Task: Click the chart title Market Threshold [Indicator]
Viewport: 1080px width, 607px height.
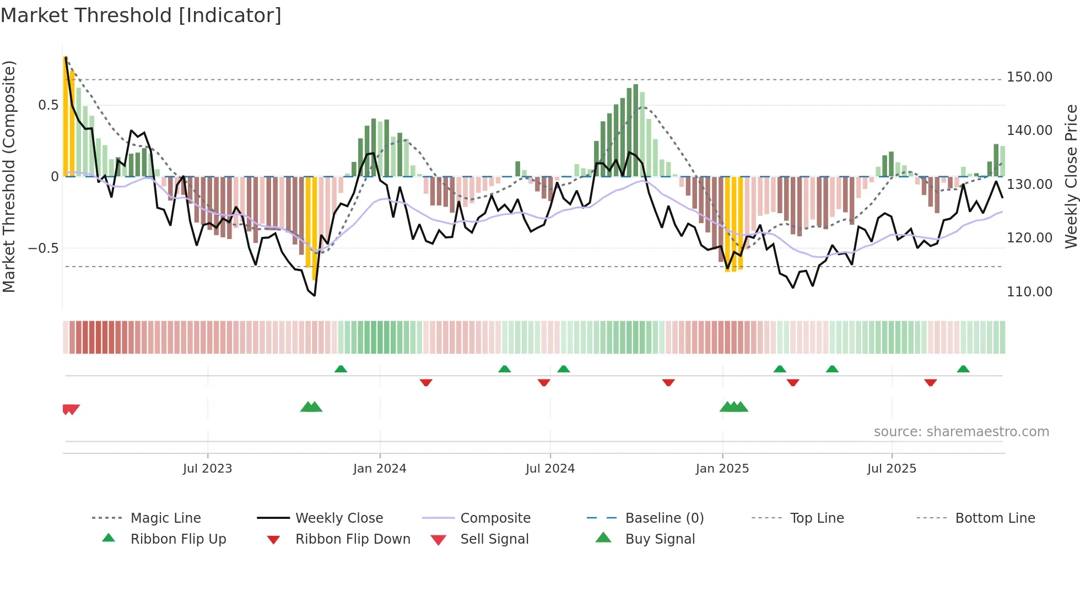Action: point(141,15)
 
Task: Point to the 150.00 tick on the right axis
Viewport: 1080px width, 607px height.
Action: point(1029,77)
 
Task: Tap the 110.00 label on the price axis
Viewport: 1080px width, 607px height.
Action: point(1029,291)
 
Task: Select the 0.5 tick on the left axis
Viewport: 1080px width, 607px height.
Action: point(48,105)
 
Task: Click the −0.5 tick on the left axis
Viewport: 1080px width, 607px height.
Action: point(44,248)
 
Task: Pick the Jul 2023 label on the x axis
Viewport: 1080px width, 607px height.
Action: point(207,469)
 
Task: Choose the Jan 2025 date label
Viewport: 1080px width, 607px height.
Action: point(722,469)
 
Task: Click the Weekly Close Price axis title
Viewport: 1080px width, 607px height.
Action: point(1071,176)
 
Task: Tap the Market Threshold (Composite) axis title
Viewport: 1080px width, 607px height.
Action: point(9,176)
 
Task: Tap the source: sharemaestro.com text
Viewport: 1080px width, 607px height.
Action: point(961,432)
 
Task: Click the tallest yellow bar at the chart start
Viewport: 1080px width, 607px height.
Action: point(66,116)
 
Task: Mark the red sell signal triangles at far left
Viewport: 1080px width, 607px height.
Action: point(71,409)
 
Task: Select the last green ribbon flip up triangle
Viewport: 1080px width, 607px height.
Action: point(963,369)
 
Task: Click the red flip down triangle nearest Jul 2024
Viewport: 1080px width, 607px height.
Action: point(544,382)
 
